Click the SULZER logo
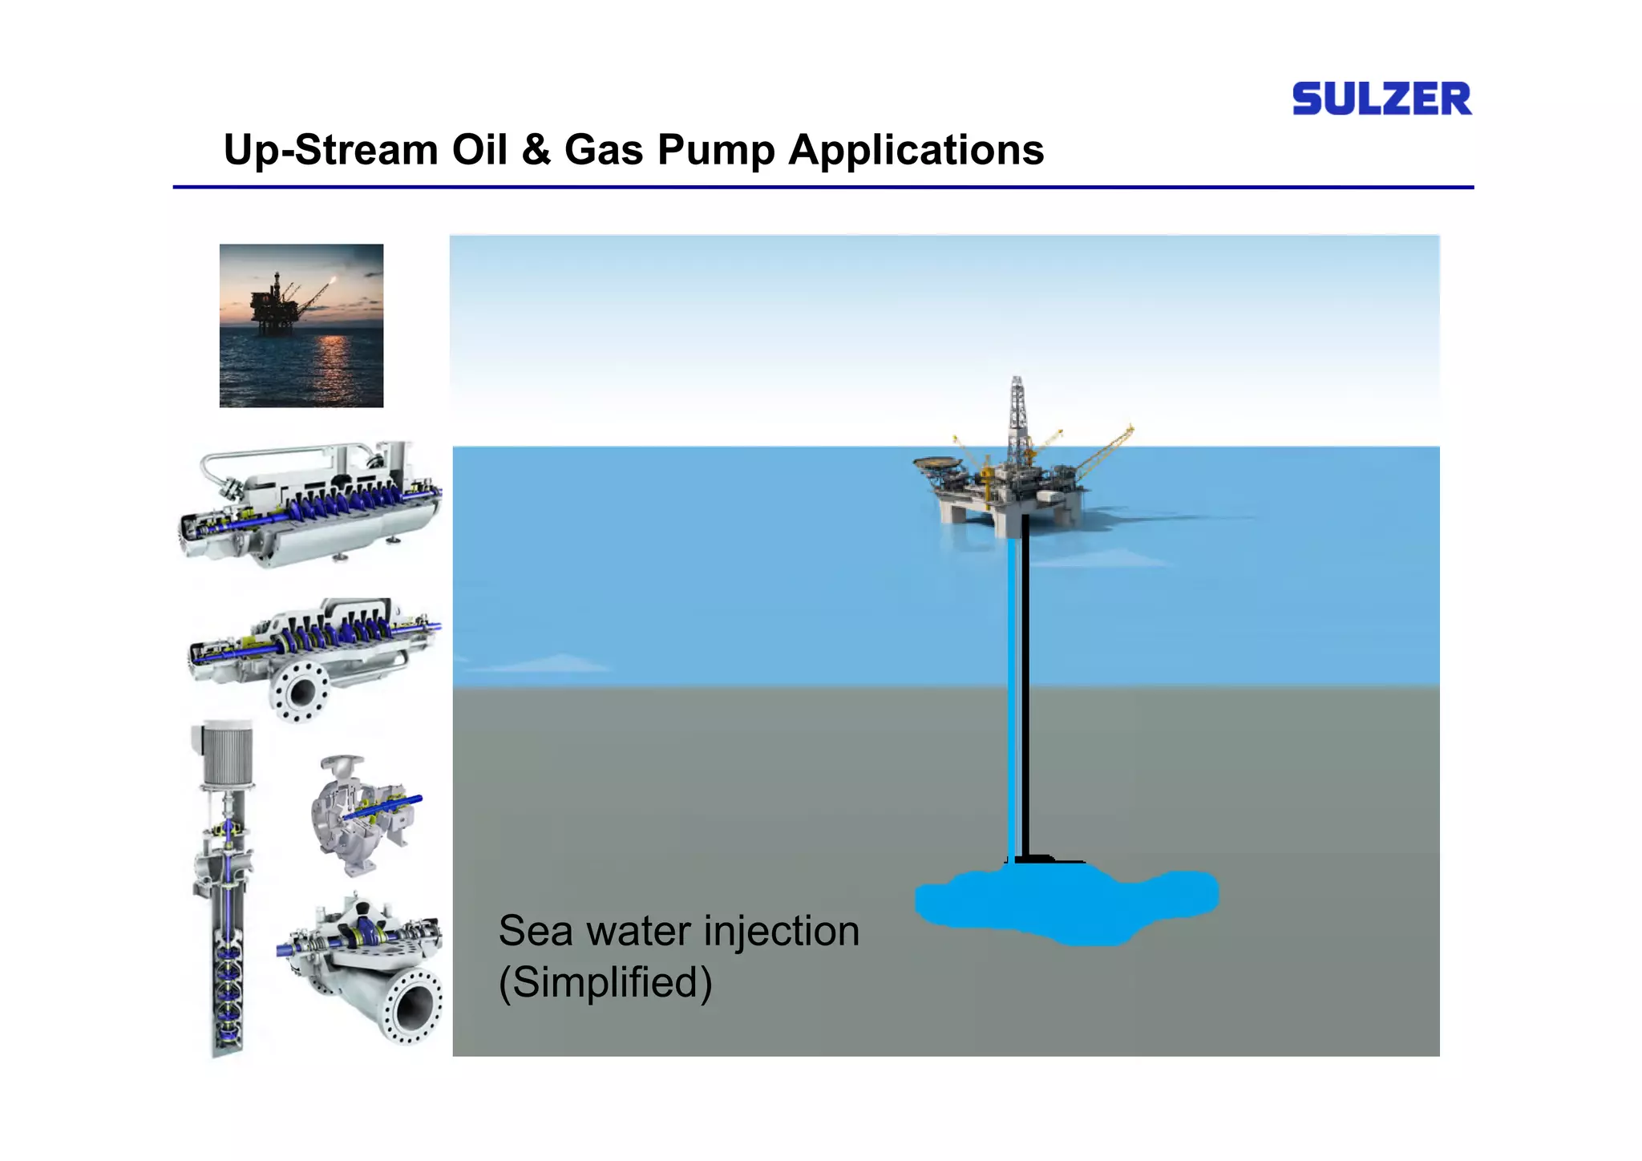click(x=1381, y=99)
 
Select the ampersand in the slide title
click(x=536, y=150)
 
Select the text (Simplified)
click(x=605, y=982)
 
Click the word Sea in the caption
click(x=535, y=932)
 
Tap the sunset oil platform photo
click(x=301, y=326)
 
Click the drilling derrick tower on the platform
click(x=1017, y=417)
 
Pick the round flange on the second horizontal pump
click(x=301, y=690)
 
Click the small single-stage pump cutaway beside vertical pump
click(x=361, y=814)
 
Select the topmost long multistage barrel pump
click(x=309, y=505)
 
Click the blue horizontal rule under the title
click(x=823, y=188)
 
